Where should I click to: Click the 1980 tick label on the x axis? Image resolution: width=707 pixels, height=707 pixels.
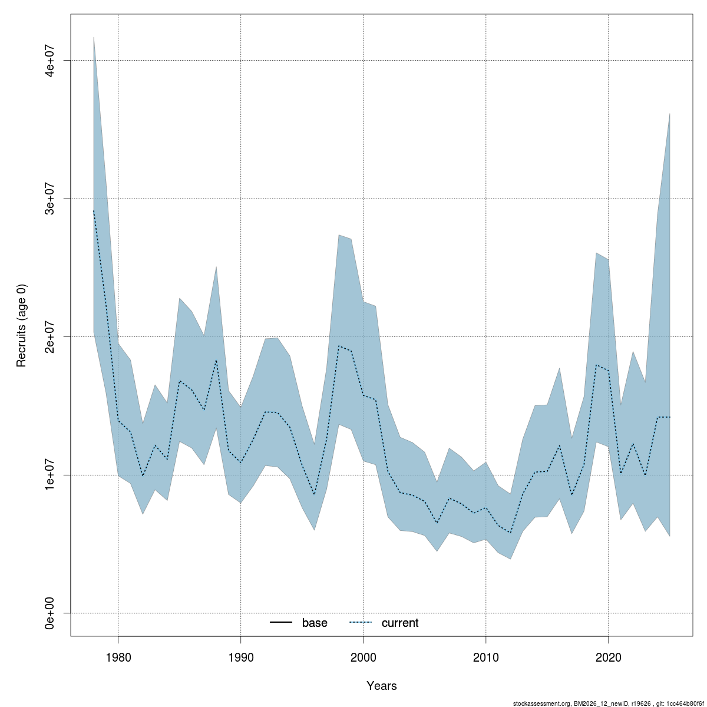118,657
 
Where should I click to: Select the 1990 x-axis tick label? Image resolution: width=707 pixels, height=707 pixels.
240,657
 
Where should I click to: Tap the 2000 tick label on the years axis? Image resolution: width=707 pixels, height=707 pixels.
363,657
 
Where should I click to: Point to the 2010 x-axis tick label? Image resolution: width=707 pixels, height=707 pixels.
485,657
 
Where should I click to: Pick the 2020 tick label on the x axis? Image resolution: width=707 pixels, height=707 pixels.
608,657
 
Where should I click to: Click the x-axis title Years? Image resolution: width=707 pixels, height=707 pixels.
382,686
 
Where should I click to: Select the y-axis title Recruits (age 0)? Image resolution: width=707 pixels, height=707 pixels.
22,325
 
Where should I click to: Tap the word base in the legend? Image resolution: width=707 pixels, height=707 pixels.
315,623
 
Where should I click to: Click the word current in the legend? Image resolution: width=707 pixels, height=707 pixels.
400,623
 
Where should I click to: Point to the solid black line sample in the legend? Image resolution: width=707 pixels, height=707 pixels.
282,623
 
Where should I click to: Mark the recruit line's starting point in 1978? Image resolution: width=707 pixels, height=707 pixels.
94,210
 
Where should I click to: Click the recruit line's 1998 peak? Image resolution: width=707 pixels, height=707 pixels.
339,346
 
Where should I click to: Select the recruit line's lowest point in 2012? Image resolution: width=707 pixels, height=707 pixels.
510,533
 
